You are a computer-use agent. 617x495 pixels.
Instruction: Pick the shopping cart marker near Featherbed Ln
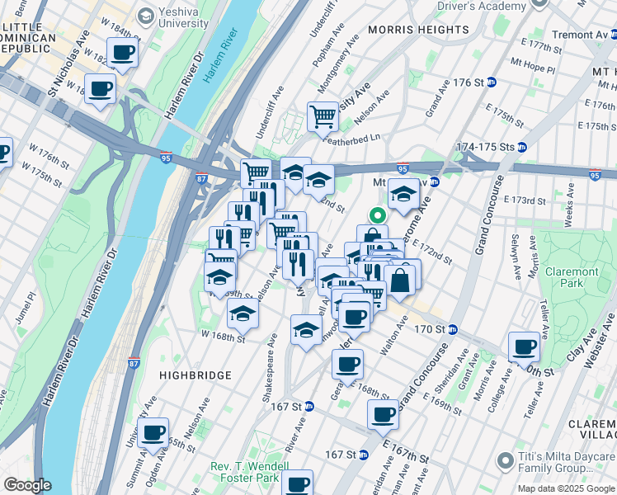[x=323, y=115]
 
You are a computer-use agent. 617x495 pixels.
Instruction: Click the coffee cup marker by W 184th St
[x=123, y=53]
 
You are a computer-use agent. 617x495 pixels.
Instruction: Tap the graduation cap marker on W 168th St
[x=243, y=313]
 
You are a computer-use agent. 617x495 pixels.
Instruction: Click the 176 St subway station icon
[x=492, y=83]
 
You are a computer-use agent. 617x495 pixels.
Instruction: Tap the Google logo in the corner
[x=27, y=485]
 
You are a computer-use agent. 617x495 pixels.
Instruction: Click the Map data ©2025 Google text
[x=565, y=488]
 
